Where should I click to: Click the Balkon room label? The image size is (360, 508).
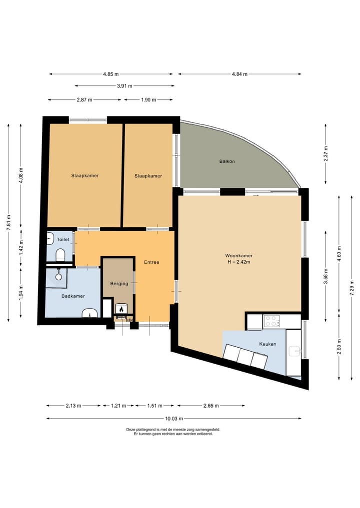(226, 161)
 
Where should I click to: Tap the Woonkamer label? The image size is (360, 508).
(238, 256)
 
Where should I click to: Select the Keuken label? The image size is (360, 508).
(267, 344)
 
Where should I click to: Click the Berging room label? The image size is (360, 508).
(119, 284)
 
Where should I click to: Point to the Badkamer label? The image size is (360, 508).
(73, 296)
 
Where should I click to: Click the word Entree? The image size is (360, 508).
(151, 262)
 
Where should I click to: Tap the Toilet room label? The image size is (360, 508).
(63, 239)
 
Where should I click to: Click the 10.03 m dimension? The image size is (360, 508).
(174, 418)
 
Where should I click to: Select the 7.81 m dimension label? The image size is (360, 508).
(8, 223)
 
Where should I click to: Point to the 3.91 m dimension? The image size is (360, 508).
(124, 86)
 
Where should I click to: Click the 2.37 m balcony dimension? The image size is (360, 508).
(325, 154)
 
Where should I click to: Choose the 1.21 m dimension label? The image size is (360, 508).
(118, 405)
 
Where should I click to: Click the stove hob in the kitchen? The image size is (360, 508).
(272, 321)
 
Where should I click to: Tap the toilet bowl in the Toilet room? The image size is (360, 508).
(60, 255)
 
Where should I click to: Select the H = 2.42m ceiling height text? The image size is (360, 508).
(238, 262)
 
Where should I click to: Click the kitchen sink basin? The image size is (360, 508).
(294, 351)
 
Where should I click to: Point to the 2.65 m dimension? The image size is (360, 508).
(211, 405)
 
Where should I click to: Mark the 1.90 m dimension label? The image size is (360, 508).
(148, 100)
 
